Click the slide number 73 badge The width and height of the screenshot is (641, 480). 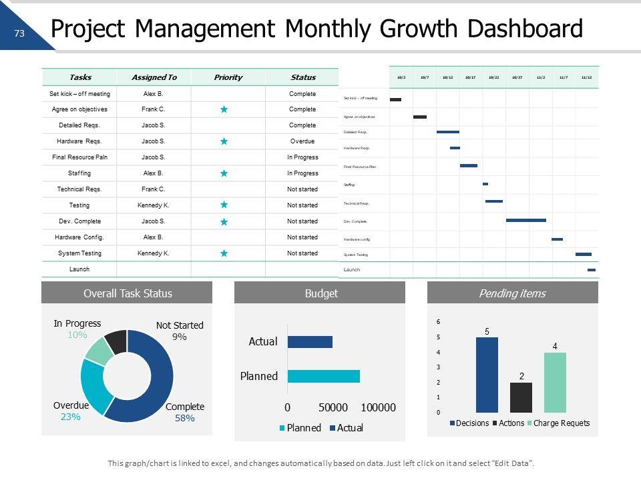point(19,33)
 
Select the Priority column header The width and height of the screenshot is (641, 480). point(228,77)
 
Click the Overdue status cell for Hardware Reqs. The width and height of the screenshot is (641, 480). point(302,141)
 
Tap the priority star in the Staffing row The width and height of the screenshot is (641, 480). point(224,173)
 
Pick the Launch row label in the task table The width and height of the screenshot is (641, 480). point(79,269)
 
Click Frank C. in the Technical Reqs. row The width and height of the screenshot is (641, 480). point(154,189)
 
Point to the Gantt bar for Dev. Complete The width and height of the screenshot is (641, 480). point(525,220)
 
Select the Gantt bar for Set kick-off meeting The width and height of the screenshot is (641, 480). point(395,100)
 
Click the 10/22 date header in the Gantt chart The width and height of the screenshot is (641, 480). point(493,77)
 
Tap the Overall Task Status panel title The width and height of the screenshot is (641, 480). point(127,293)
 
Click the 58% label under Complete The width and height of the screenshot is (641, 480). point(184,419)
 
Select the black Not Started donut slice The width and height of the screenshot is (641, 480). point(116,341)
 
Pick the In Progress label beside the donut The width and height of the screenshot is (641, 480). point(77,323)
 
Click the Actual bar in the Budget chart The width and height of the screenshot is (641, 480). point(310,341)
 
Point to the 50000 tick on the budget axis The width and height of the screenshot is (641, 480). point(333,408)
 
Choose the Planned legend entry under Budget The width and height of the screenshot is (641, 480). point(300,428)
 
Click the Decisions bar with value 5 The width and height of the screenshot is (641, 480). point(487,375)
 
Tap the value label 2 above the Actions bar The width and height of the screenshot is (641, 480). point(521,376)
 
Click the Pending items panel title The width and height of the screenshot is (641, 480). point(512,293)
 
